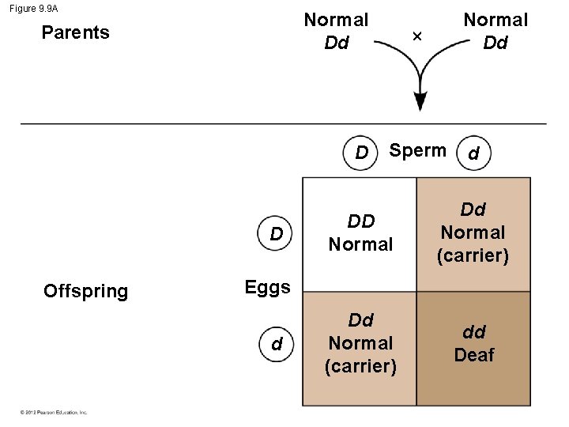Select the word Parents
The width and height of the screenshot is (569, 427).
pyautogui.click(x=75, y=33)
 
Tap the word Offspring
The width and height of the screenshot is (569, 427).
pyautogui.click(x=85, y=291)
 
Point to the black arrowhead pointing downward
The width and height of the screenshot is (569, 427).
pyautogui.click(x=420, y=101)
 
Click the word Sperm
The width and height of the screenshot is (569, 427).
pyautogui.click(x=418, y=151)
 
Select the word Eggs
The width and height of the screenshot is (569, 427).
pyautogui.click(x=267, y=287)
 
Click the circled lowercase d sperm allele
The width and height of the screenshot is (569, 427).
pyautogui.click(x=473, y=154)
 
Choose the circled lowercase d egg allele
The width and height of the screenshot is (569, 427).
pyautogui.click(x=277, y=345)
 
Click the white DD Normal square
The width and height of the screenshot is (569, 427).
pyautogui.click(x=360, y=234)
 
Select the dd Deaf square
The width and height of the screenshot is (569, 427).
pyautogui.click(x=473, y=348)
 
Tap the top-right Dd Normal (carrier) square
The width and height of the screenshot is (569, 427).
pyautogui.click(x=473, y=233)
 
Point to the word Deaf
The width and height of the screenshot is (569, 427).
pyautogui.click(x=473, y=356)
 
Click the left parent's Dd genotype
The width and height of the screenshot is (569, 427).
pyautogui.click(x=337, y=43)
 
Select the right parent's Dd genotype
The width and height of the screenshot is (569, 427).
pyautogui.click(x=496, y=43)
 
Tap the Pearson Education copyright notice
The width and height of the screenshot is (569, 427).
pyautogui.click(x=54, y=412)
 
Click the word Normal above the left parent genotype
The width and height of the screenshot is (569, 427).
pyautogui.click(x=337, y=19)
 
